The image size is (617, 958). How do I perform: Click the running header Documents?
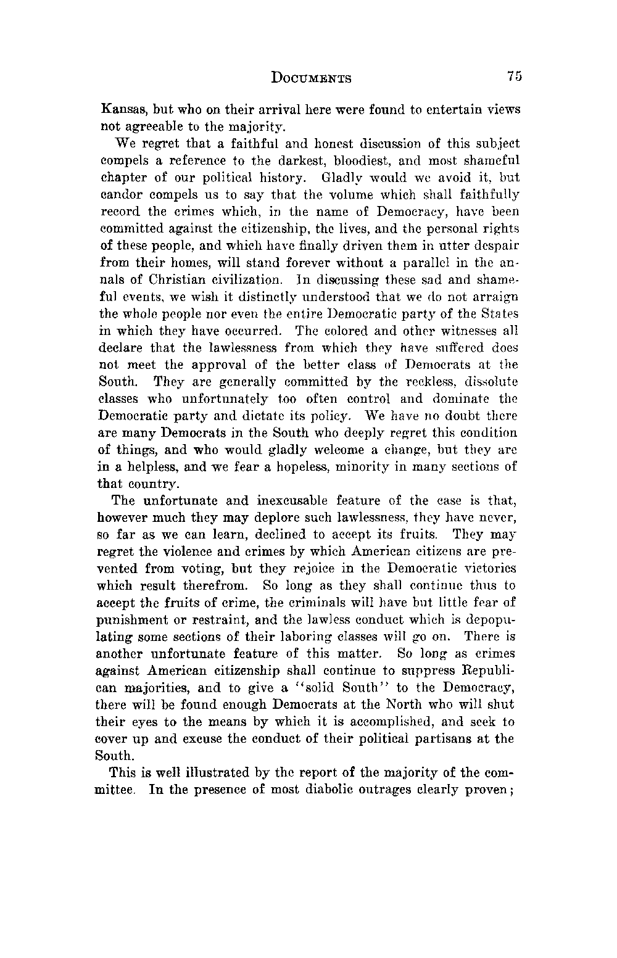[x=312, y=78]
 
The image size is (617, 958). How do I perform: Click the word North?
[x=404, y=704]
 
